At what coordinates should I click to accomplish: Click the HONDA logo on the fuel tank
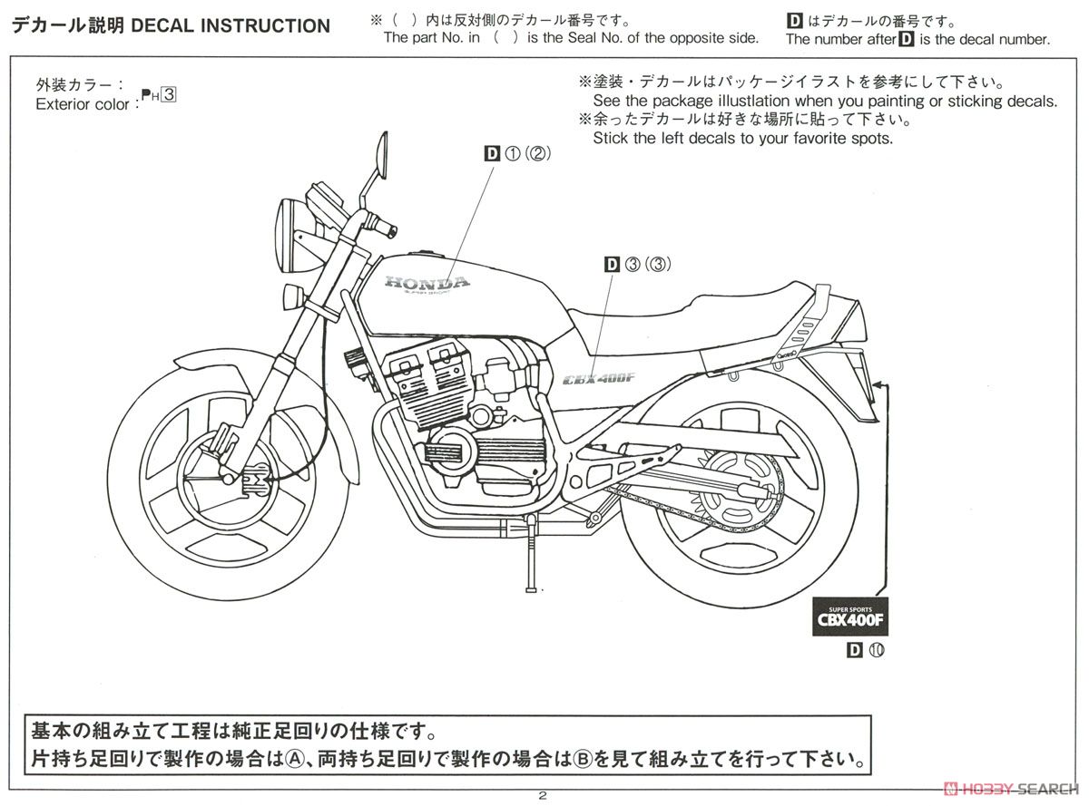(427, 283)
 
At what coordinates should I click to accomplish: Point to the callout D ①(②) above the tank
(518, 154)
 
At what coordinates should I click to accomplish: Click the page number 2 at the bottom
(543, 796)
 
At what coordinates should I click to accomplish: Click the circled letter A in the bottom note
(292, 756)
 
